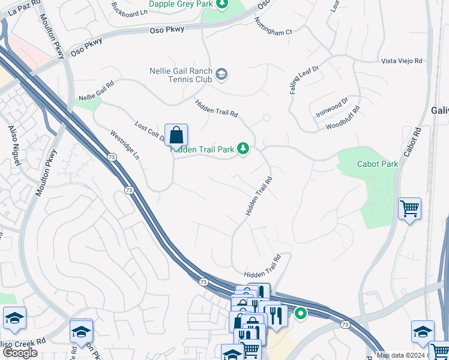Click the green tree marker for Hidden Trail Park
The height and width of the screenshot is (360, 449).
(243, 148)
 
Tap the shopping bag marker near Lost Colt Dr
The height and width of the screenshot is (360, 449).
(176, 134)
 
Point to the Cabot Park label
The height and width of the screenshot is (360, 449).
(377, 164)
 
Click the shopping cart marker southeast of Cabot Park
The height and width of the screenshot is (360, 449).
(409, 209)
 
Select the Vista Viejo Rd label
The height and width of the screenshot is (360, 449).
(402, 61)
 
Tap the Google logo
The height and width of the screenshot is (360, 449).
(20, 352)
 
